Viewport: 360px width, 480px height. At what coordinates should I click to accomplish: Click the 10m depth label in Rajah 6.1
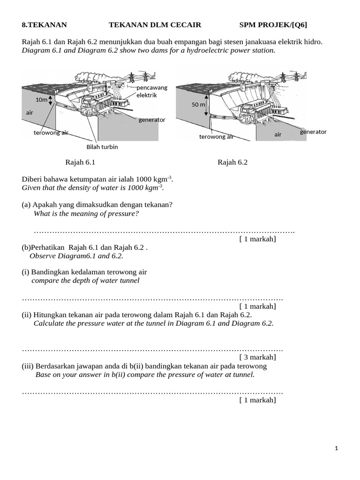point(41,100)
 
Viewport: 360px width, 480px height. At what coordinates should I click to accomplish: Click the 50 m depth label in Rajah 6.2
point(198,105)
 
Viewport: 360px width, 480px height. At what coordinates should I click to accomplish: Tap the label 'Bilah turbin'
point(102,147)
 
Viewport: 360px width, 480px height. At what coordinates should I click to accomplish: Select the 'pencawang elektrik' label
point(151,91)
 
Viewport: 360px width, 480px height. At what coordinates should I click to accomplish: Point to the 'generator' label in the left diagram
point(152,120)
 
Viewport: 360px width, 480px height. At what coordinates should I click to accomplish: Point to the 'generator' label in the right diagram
point(313,132)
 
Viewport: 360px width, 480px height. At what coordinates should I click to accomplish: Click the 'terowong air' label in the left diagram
point(51,133)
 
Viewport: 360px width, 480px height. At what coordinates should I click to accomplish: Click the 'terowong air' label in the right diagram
point(216,137)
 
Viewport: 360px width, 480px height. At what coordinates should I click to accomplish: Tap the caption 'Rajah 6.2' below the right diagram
point(232,163)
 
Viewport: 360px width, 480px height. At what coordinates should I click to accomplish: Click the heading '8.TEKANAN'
point(45,25)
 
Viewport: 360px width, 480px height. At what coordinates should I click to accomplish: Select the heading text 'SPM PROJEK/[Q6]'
point(273,25)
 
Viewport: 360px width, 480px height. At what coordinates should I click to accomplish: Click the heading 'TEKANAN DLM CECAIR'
point(149,25)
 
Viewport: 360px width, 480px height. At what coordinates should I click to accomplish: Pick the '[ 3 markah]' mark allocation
point(257,357)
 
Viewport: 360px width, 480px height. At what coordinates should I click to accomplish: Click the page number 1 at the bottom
point(337,449)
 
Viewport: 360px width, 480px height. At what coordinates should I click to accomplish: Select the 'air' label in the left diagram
point(30,113)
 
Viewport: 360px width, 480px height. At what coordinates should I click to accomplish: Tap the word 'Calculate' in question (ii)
point(49,323)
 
